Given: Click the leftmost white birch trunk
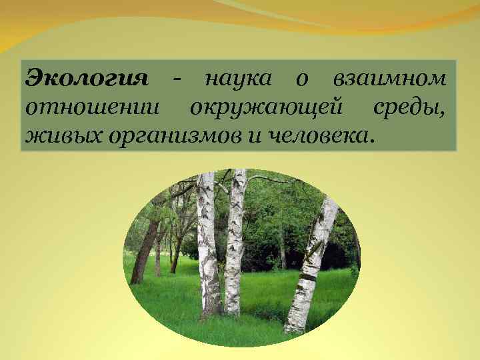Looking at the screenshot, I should [207, 247].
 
